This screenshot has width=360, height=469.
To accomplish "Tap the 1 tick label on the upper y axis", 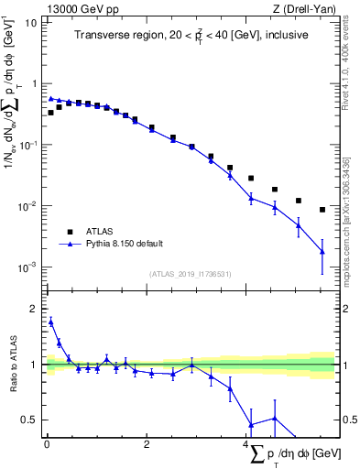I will click(35, 83).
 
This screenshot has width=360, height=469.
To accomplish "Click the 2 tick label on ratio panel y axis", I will click(35, 309).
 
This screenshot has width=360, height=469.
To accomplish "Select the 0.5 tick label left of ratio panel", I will click(31, 420).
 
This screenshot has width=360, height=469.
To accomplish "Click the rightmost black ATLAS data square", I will click(322, 210).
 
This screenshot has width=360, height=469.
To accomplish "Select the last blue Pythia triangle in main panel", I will click(322, 251).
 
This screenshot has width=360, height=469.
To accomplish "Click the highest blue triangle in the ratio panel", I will click(51, 322).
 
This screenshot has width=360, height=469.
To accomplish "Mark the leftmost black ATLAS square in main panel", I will click(51, 113).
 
